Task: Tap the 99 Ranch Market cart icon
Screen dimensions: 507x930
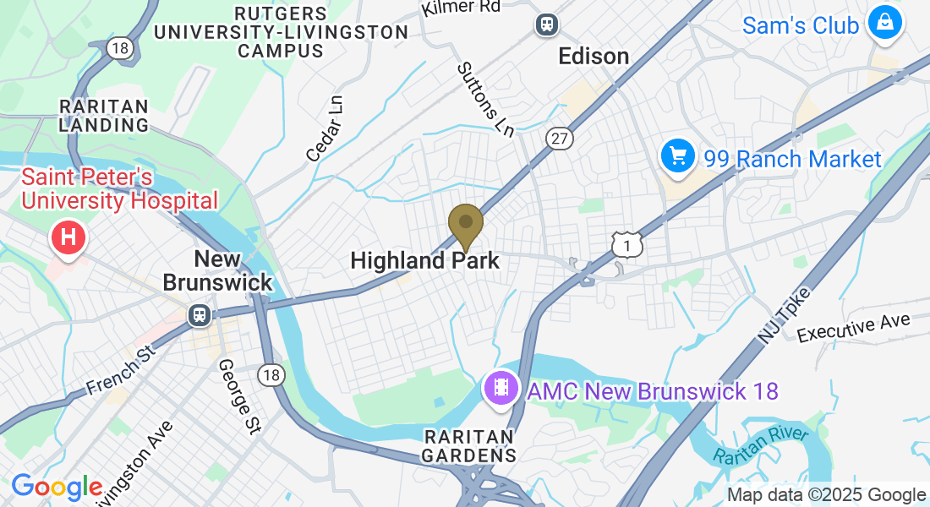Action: pos(677,157)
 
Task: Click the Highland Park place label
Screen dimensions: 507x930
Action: pos(425,260)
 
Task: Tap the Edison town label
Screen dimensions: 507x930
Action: pos(594,57)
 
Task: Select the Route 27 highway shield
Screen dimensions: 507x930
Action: pos(560,139)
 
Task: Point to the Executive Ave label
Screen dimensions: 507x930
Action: pos(854,326)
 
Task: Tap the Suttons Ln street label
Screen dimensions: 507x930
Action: pos(485,100)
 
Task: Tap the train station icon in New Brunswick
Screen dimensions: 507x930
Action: pos(200,314)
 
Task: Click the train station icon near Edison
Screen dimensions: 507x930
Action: pos(547,25)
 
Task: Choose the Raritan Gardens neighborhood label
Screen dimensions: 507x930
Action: pos(469,445)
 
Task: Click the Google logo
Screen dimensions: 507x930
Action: pos(57,487)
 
